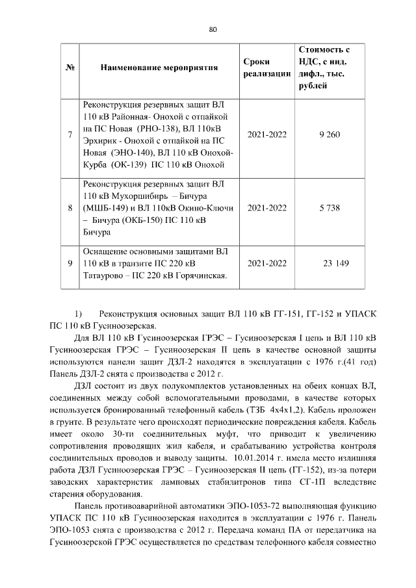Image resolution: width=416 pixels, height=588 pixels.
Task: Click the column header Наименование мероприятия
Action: tap(159, 68)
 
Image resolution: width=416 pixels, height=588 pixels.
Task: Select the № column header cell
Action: tap(70, 68)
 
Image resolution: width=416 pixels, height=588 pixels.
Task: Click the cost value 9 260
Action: tap(330, 134)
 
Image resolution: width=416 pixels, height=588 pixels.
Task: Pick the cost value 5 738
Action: tap(330, 209)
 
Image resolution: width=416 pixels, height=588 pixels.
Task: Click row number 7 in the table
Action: tap(70, 134)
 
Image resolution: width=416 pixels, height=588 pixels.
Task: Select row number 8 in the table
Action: tap(70, 209)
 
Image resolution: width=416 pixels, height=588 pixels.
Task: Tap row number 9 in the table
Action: tap(70, 262)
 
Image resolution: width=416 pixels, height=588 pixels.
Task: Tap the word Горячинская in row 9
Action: tap(201, 275)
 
